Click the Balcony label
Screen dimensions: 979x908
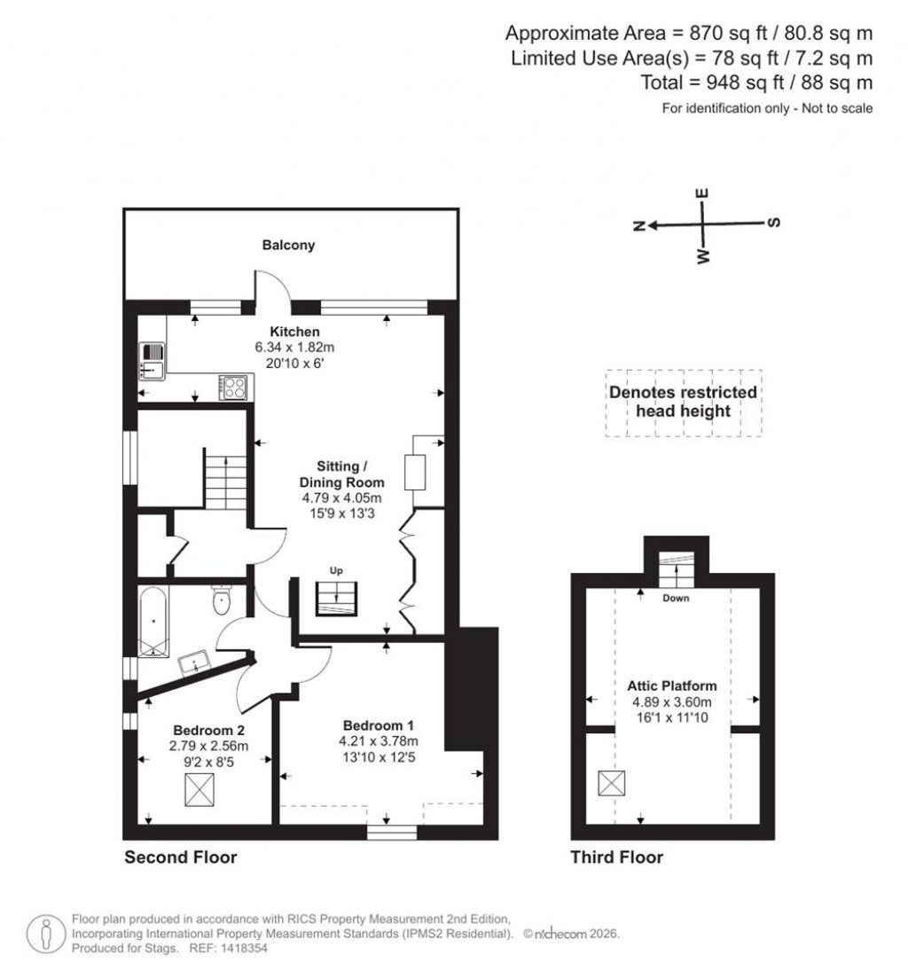288,246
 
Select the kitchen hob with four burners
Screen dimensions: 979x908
235,387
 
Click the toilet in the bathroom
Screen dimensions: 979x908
222,602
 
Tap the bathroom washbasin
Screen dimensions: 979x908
193,662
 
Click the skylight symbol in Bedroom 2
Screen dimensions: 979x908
200,788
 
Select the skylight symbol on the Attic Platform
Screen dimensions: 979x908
611,784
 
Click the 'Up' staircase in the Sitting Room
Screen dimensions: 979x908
336,598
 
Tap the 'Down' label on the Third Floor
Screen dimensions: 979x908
676,598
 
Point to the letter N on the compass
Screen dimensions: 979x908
638,226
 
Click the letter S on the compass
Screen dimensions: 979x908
772,223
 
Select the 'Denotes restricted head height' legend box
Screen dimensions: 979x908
682,402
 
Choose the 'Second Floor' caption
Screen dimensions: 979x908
180,858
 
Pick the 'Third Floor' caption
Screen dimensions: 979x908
616,858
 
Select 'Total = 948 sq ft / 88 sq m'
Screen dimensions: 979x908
756,82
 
